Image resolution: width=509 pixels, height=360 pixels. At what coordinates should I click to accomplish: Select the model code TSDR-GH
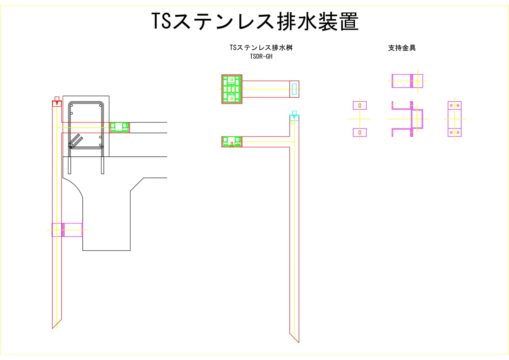(261, 56)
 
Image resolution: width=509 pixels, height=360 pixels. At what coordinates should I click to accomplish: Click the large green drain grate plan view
(232, 89)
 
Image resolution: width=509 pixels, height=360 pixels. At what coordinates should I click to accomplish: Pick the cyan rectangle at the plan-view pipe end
(294, 89)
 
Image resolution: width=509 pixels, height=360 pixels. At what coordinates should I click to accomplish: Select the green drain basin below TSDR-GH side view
(231, 141)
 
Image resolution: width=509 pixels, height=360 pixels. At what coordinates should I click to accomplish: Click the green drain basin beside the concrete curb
(119, 127)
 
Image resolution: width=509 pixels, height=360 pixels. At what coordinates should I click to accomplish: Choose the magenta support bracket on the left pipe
(67, 230)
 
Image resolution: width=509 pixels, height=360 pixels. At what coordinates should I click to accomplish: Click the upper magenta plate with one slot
(360, 105)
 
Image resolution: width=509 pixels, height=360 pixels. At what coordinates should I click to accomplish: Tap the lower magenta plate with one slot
(360, 132)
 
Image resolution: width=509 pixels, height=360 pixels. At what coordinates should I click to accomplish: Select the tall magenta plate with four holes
(455, 119)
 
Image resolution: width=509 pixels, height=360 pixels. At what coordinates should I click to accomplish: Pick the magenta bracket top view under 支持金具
(407, 81)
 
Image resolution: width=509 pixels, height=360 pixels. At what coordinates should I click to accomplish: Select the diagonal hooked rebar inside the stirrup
(76, 140)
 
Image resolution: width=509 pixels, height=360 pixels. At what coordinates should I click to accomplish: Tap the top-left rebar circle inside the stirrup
(72, 105)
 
